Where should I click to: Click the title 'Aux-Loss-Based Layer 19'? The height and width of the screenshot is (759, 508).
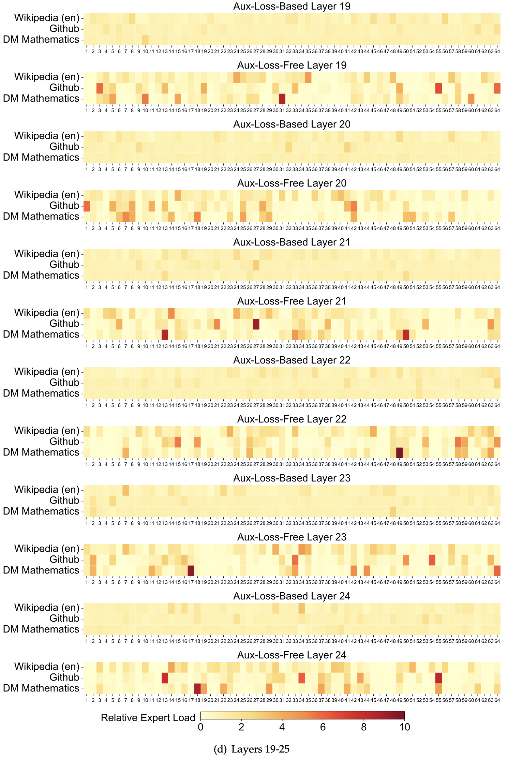[x=292, y=6]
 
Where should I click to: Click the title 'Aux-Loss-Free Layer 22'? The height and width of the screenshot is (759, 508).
[x=292, y=419]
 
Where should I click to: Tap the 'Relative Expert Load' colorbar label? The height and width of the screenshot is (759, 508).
[x=148, y=717]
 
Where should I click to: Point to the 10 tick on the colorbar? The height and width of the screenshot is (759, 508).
[x=404, y=727]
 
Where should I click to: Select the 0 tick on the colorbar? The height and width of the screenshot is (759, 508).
[x=200, y=727]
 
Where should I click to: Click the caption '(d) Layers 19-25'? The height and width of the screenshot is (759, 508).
[x=252, y=749]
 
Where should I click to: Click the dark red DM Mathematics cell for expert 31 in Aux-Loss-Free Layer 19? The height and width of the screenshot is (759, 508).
[x=282, y=99]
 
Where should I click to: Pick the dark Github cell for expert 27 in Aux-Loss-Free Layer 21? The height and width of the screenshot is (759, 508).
[x=256, y=324]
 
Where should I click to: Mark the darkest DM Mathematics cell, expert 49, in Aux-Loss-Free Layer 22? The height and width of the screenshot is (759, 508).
[x=400, y=452]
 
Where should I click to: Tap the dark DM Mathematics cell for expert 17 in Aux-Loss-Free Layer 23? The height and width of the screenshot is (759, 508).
[x=191, y=570]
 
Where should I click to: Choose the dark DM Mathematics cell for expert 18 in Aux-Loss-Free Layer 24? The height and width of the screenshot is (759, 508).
[x=197, y=688]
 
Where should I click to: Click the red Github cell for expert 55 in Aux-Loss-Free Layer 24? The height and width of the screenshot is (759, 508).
[x=438, y=678]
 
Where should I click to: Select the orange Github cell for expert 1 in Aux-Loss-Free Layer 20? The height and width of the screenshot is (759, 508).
[x=87, y=206]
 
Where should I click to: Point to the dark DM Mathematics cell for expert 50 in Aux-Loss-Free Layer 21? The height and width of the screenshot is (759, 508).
[x=406, y=334]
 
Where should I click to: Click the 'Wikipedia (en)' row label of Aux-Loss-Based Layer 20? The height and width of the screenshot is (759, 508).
[x=46, y=136]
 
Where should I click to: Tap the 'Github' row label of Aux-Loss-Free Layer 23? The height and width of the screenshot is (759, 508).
[x=64, y=560]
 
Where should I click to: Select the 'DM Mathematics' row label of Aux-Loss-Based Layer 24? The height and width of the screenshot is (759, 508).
[x=41, y=629]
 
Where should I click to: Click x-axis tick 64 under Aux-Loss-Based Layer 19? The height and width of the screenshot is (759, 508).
[x=497, y=51]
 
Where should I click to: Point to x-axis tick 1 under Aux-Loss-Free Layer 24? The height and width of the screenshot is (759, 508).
[x=87, y=700]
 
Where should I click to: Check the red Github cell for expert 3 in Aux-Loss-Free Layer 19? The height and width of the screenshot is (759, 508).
[x=100, y=88]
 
